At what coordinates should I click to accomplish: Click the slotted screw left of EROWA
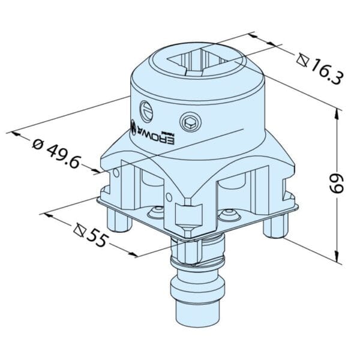tap(148, 110)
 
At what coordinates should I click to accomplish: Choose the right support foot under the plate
tap(277, 226)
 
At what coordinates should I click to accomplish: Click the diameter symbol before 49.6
tap(37, 143)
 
